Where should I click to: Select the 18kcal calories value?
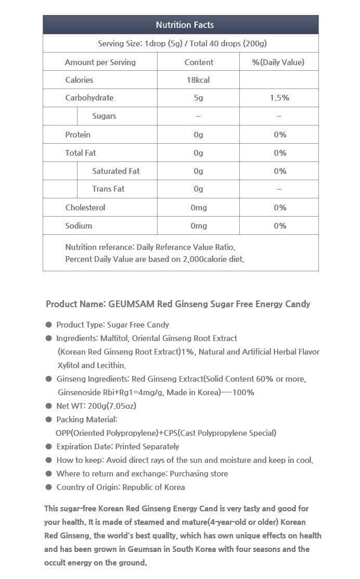coord(198,80)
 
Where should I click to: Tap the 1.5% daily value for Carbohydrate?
coord(279,98)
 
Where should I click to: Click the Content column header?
coord(199,62)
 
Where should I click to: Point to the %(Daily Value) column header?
coord(278,62)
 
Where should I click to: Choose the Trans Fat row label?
coord(108,189)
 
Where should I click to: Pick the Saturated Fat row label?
coord(115,171)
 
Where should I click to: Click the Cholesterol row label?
coord(85,207)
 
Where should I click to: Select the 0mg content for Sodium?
coord(198,225)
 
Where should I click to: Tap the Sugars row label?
coord(104,116)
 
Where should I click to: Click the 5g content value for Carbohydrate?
coord(198,98)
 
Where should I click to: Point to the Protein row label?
coord(78,134)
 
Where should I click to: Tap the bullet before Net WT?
coord(49,406)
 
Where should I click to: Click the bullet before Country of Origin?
coord(49,487)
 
